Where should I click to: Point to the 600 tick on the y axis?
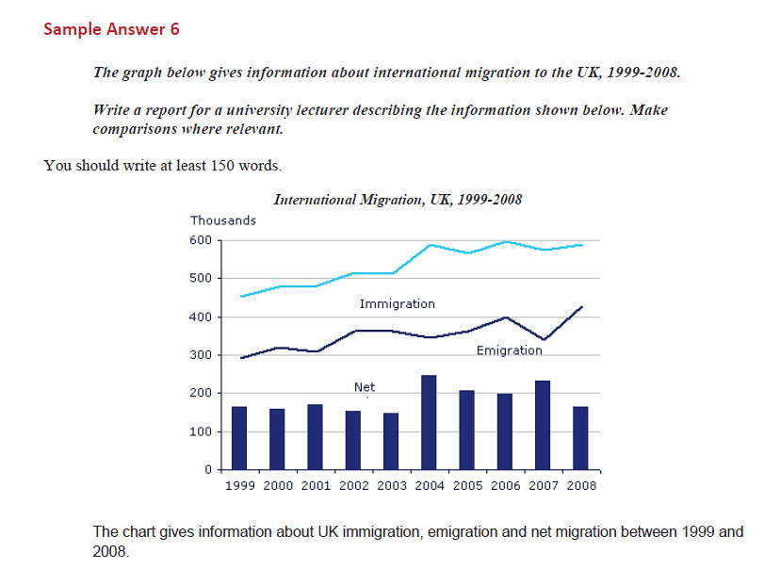[x=201, y=240]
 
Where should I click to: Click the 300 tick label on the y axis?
[x=201, y=355]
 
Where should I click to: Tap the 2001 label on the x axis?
[x=316, y=486]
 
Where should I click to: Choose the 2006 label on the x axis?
[x=506, y=486]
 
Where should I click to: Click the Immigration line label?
[x=397, y=304]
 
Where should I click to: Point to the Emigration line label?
[x=509, y=350]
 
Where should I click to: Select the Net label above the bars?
[x=365, y=386]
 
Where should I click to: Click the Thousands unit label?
[x=223, y=220]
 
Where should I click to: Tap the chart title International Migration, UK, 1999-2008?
[x=398, y=200]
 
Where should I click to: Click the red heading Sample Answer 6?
[x=111, y=29]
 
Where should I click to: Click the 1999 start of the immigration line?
[x=240, y=297]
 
